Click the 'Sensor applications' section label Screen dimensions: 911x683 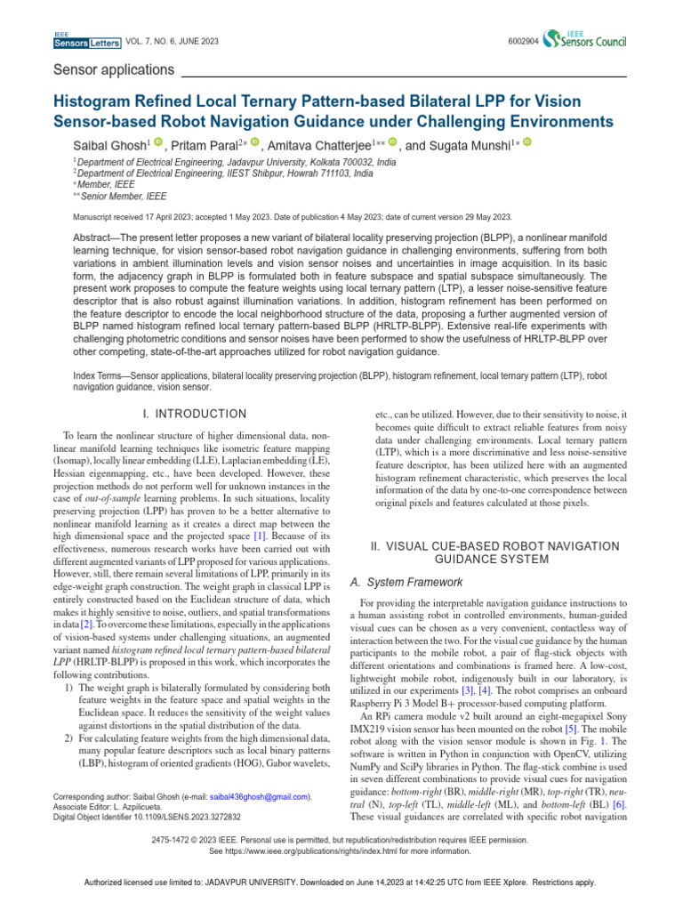[114, 69]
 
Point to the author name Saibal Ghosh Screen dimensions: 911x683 [110, 145]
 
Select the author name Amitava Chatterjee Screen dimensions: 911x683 [321, 145]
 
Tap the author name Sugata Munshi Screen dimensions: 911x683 [478, 145]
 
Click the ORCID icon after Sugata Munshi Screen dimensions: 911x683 [526, 142]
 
